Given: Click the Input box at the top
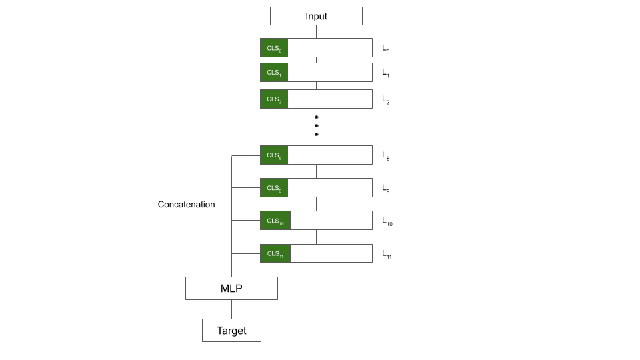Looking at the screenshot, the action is click(316, 16).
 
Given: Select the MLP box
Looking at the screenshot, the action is click(231, 288).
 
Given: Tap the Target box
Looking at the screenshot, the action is click(231, 330).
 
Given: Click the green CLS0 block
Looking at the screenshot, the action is click(274, 48).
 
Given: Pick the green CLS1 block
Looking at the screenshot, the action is click(274, 72).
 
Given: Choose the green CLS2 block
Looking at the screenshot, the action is click(274, 99).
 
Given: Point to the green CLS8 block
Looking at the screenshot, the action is click(274, 155).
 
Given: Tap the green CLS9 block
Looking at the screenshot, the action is click(274, 188).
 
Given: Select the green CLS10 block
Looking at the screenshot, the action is click(275, 221).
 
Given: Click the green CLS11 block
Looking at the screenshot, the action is click(275, 253).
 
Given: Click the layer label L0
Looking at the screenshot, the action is click(386, 49).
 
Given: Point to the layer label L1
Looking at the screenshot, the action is click(386, 73).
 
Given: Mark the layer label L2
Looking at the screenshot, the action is click(386, 100).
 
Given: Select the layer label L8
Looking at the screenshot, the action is click(386, 156).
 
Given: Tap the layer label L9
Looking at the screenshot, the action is click(386, 189).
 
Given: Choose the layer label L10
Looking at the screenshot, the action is click(387, 221).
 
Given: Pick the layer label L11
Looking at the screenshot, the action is click(387, 254).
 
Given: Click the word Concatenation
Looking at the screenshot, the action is click(186, 205).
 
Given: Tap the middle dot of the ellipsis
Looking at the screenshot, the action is click(316, 126).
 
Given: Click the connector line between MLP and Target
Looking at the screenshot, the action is click(231, 309).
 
